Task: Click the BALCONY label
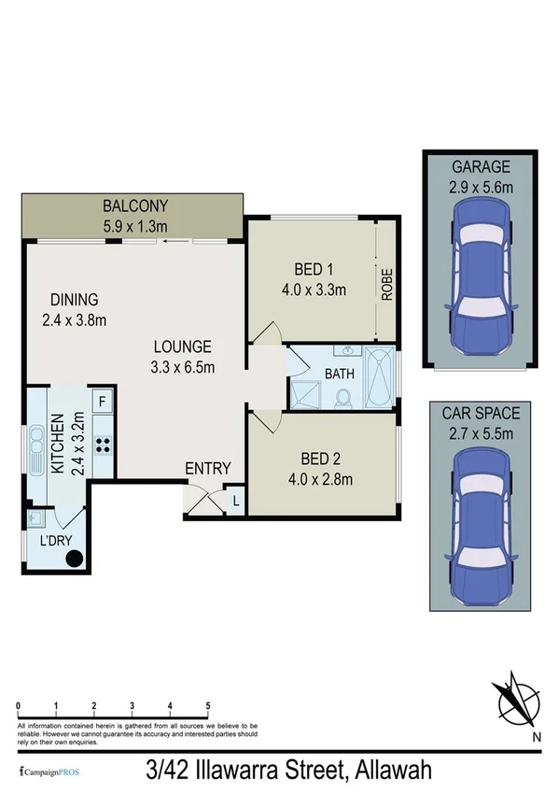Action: (x=134, y=205)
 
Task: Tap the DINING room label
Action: (x=75, y=300)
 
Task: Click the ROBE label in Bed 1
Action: (x=386, y=284)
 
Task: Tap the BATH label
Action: (x=338, y=374)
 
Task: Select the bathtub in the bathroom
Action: (x=379, y=379)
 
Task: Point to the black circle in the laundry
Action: (x=74, y=559)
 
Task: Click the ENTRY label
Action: (x=207, y=468)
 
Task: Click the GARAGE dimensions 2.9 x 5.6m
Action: (x=482, y=187)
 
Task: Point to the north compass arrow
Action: (x=515, y=700)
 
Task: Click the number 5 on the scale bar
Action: (x=207, y=706)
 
